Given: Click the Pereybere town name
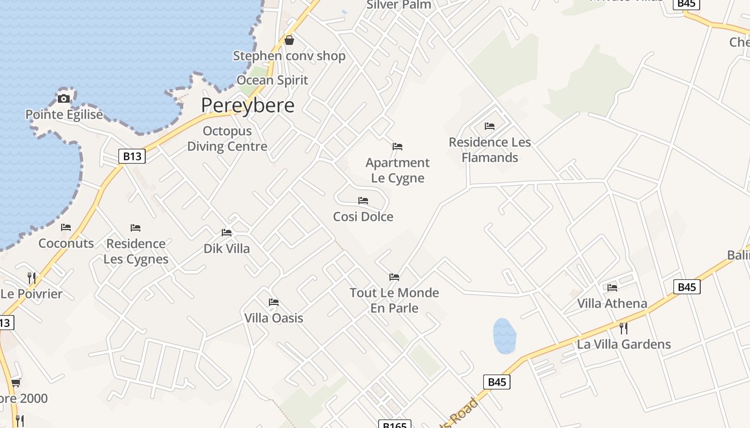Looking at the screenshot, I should pyautogui.click(x=247, y=105).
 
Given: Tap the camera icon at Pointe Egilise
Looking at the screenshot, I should pyautogui.click(x=64, y=98).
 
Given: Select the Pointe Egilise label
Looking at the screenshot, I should pyautogui.click(x=64, y=114).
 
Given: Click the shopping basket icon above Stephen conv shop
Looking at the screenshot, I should pyautogui.click(x=289, y=40).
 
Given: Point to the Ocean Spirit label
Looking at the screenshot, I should pyautogui.click(x=272, y=80).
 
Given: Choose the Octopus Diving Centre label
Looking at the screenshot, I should pyautogui.click(x=227, y=139).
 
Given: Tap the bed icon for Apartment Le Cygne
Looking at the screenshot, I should pyautogui.click(x=397, y=146).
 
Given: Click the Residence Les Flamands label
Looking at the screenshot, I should pyautogui.click(x=490, y=150).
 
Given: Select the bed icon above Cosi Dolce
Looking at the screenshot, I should pyautogui.click(x=363, y=201).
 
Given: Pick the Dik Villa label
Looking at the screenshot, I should pyautogui.click(x=227, y=249).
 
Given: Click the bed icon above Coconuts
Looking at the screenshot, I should pyautogui.click(x=66, y=227).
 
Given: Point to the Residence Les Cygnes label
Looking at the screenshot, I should pyautogui.click(x=136, y=251).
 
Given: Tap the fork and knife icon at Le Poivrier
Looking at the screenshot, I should pyautogui.click(x=32, y=278).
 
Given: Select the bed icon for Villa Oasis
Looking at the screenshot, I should pyautogui.click(x=274, y=302).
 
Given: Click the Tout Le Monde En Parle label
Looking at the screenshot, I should pyautogui.click(x=394, y=300).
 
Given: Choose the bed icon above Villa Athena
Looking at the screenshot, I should pyautogui.click(x=612, y=287).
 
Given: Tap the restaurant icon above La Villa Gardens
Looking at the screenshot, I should pyautogui.click(x=624, y=328).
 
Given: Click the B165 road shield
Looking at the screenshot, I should pyautogui.click(x=395, y=425).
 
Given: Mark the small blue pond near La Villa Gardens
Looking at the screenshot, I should pyautogui.click(x=504, y=336).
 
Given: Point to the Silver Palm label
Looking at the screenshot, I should pyautogui.click(x=399, y=5).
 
